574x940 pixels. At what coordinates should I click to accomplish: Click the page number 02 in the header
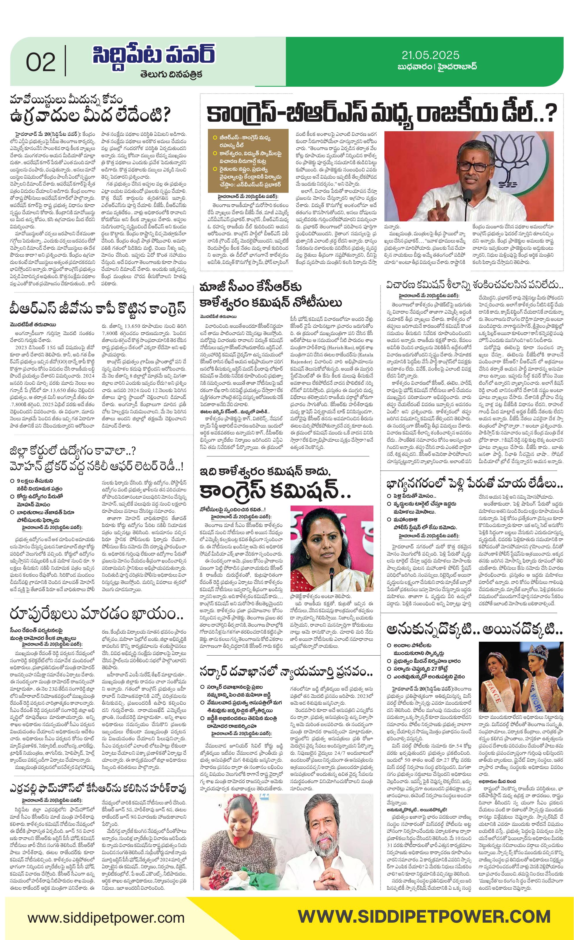(x=40, y=62)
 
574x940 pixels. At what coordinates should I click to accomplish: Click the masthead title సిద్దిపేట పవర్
(x=154, y=55)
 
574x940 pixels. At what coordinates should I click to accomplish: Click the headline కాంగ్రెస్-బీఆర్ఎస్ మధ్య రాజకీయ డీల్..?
(x=382, y=114)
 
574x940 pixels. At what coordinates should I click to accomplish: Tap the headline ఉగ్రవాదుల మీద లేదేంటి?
(x=91, y=115)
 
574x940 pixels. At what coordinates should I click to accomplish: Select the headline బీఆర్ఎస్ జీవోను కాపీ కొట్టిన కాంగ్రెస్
(x=99, y=308)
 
